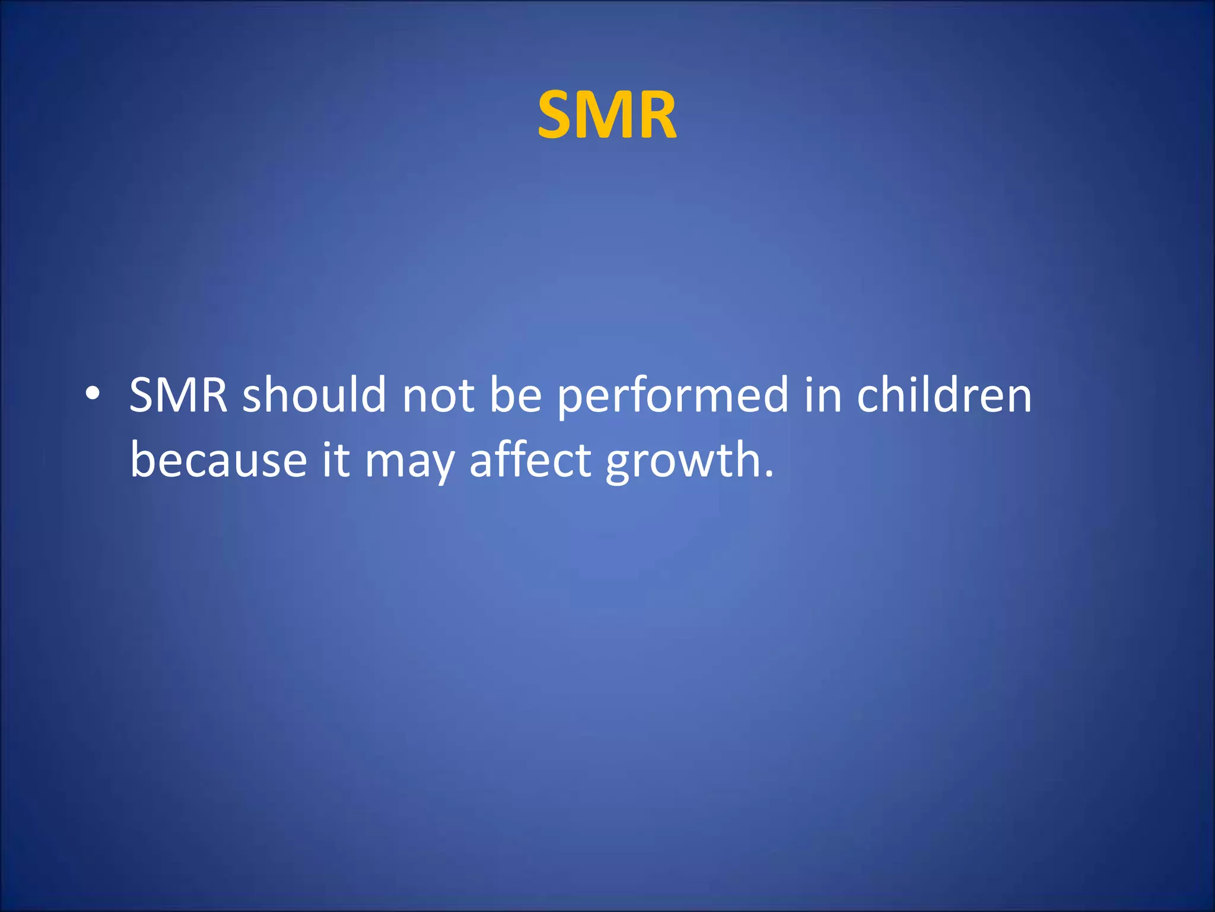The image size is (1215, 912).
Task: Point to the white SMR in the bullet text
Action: (179, 395)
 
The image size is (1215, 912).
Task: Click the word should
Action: (314, 395)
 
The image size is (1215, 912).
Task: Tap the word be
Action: (516, 395)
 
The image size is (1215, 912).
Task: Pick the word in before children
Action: (823, 395)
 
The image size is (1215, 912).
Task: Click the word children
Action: (944, 395)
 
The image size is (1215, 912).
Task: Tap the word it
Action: (336, 460)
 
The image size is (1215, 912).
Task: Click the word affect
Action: (530, 460)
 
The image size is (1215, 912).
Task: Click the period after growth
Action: (769, 475)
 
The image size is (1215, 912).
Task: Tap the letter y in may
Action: (442, 466)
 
